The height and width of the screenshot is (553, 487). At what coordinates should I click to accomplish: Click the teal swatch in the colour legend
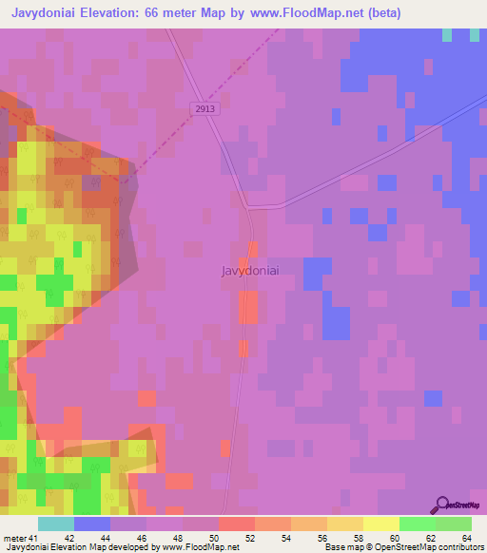tap(56, 524)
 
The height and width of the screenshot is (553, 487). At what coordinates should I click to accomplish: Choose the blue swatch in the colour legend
tap(92, 524)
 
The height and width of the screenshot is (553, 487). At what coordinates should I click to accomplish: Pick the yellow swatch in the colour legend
tap(381, 524)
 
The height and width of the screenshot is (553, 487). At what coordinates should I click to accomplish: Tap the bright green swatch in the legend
tap(418, 524)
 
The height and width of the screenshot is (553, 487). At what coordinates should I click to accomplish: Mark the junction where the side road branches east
tap(250, 207)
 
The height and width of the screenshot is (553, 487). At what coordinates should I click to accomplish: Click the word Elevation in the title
tap(115, 13)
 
